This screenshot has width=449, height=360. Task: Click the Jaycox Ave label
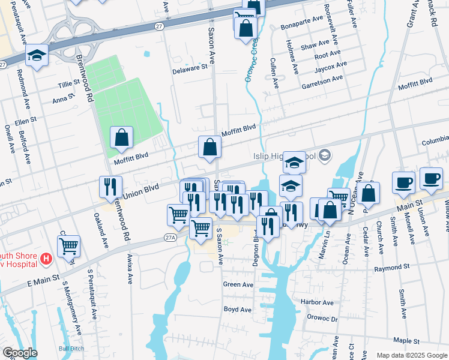pos(331,65)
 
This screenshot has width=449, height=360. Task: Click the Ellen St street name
pos(26,120)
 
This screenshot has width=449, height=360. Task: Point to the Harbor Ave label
pos(317,302)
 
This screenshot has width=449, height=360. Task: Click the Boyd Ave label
pos(237,310)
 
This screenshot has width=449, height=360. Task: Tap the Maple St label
pos(407,341)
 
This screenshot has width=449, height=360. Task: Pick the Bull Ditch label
pos(71,348)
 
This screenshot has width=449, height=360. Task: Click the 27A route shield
pos(171,238)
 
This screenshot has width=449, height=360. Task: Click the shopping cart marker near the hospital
pos(69,245)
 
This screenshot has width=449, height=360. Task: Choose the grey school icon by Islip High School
pos(325,156)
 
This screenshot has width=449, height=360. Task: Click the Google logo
pos(20,353)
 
